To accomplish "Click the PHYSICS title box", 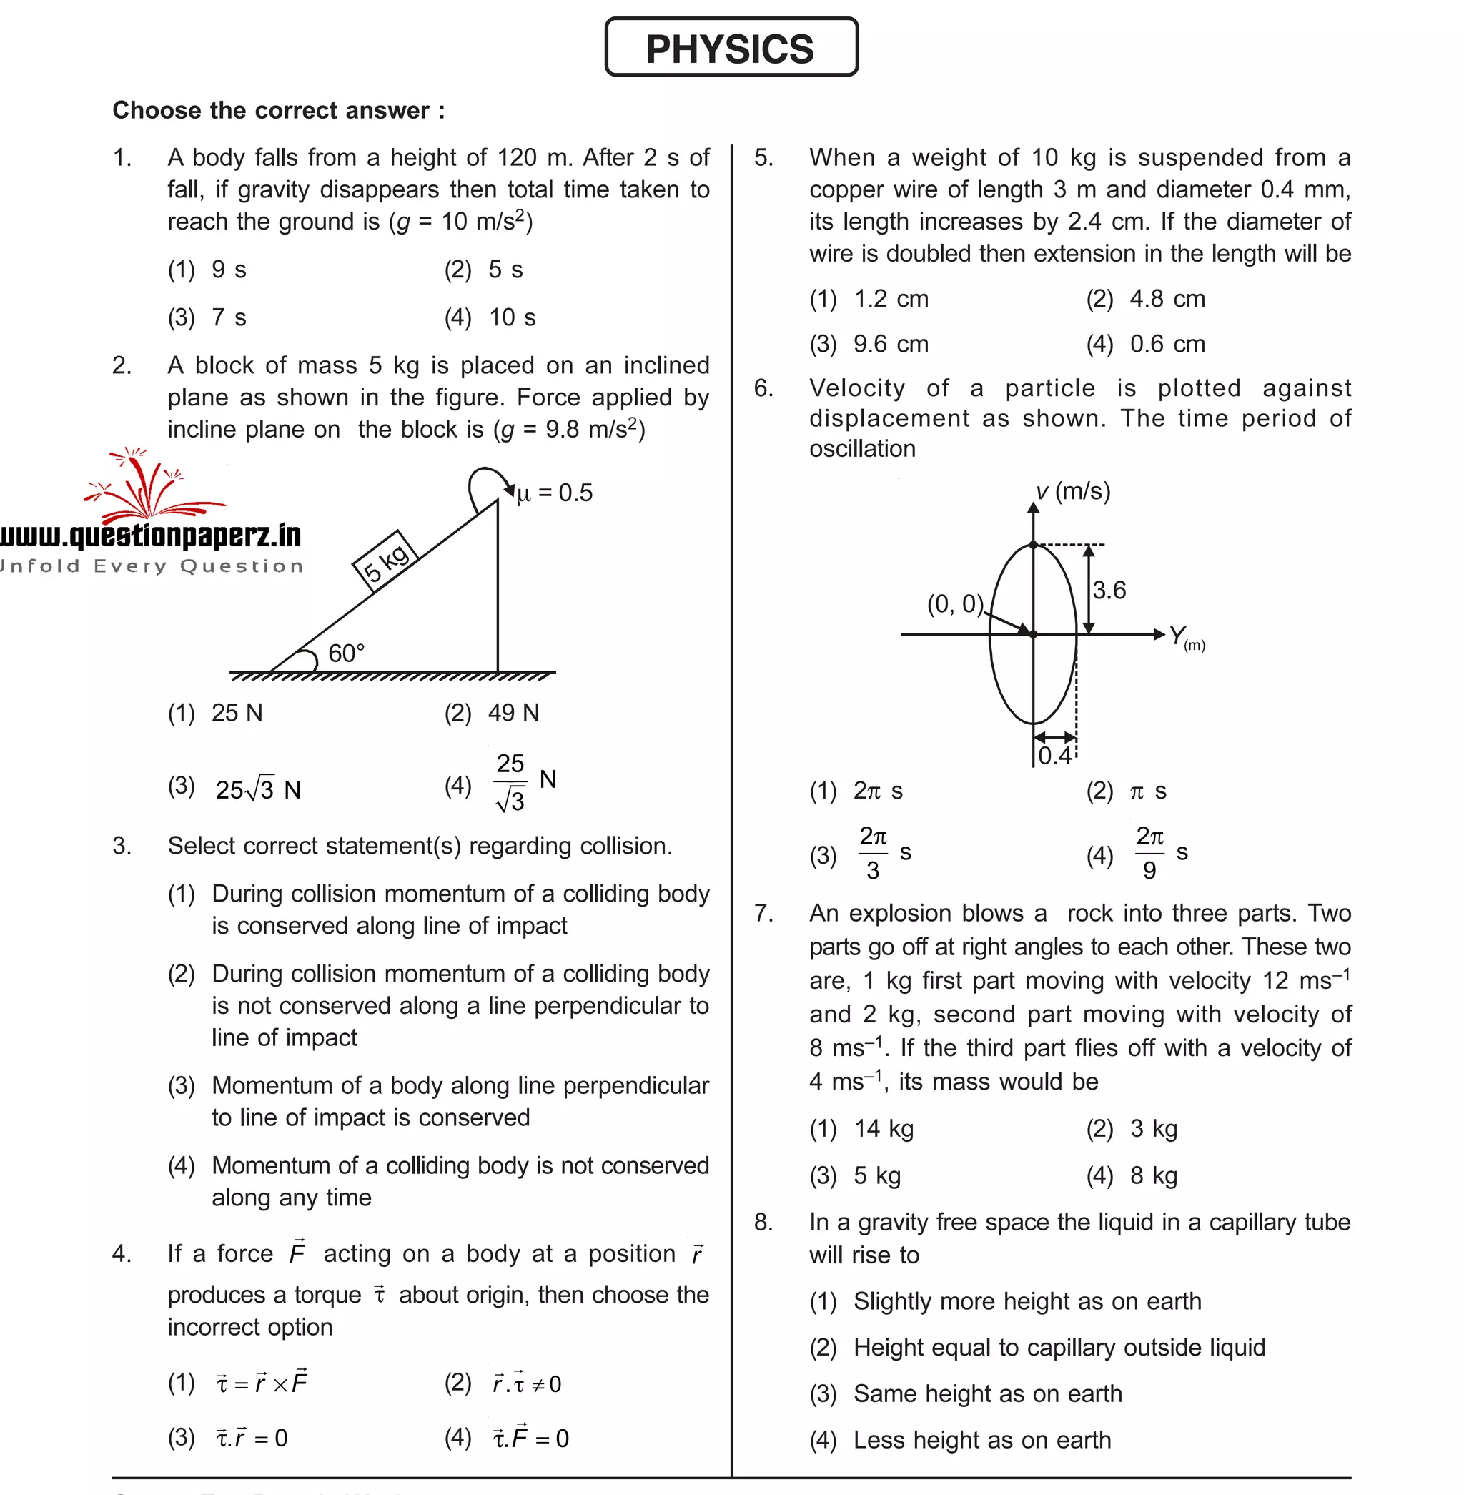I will (731, 48).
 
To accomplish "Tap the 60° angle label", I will (346, 653).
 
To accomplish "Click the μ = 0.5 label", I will (555, 493).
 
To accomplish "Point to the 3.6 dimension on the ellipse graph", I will (1109, 590).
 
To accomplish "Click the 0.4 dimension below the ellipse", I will (1054, 755).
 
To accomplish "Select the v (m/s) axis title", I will (1073, 490).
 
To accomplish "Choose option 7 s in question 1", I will (228, 317).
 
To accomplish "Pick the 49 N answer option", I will (513, 713).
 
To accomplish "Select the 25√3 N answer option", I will (257, 789).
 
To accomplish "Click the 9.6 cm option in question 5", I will (891, 344).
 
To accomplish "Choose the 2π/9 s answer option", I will (1160, 853).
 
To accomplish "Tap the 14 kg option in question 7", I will (884, 1128).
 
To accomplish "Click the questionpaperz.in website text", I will (151, 536).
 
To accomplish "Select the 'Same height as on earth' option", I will (987, 1393).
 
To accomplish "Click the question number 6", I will (763, 388).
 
